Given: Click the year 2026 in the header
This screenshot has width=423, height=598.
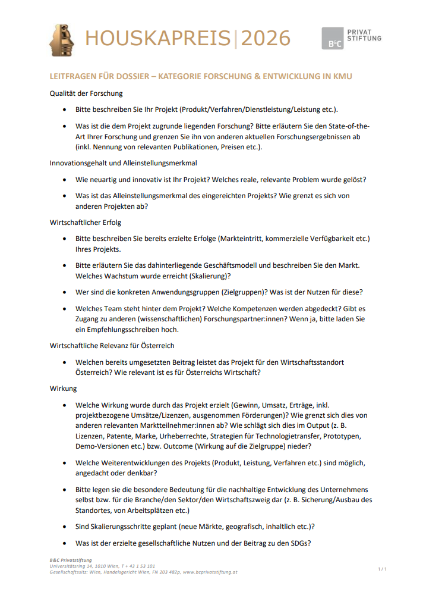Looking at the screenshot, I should (266, 39).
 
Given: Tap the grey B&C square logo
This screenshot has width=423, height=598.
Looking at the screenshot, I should (332, 39).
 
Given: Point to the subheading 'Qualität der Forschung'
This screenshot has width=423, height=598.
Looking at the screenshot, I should (86, 93).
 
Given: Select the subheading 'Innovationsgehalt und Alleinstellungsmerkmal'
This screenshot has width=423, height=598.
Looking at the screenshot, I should (123, 162).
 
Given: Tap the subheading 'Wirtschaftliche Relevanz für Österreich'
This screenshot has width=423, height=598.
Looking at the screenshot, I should (112, 345).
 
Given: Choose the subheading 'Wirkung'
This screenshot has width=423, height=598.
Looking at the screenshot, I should (63, 388).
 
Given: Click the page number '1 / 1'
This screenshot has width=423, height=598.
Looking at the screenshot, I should (382, 569).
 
